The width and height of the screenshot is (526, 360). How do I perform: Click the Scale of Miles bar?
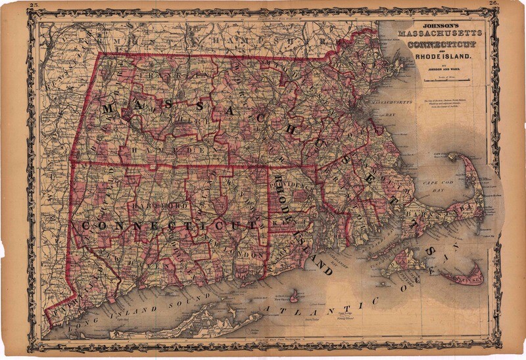coord(446,80)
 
